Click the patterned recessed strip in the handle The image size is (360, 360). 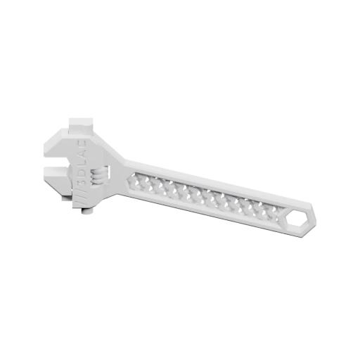point(204,195)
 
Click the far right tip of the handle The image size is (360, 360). point(317,224)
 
